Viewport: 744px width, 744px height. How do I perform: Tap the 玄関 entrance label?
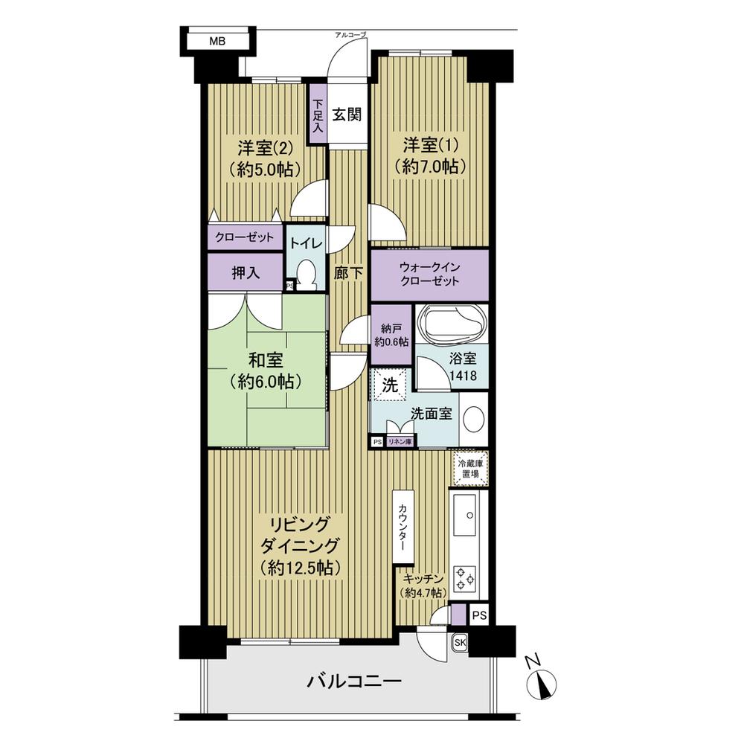point(347,115)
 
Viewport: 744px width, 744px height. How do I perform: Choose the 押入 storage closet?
point(246,273)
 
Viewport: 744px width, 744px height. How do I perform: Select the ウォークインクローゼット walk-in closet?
point(429,275)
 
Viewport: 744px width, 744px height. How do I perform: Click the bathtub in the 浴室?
point(453,324)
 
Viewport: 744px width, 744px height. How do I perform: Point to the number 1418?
point(463,377)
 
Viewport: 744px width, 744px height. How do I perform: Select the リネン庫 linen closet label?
point(400,442)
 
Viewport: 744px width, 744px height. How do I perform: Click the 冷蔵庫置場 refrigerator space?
point(470,469)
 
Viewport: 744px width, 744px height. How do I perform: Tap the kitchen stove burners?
point(469,577)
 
